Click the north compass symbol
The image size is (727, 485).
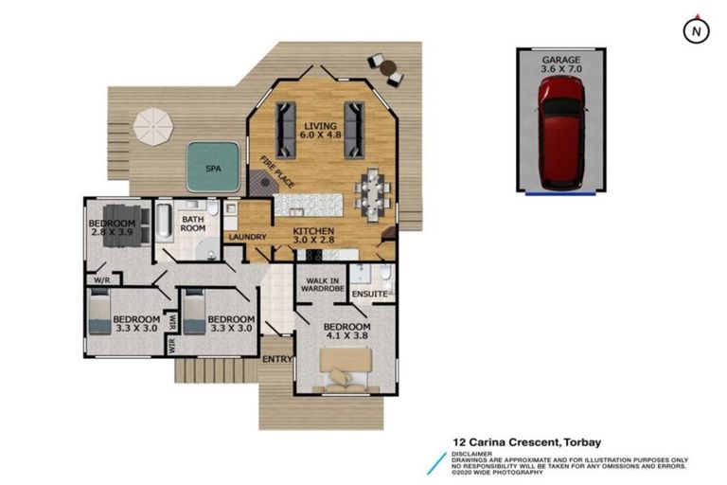[697, 30]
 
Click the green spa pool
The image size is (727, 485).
[210, 166]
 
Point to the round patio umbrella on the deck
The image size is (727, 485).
[153, 125]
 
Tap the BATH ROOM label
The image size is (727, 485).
[193, 224]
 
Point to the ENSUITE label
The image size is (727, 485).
[368, 295]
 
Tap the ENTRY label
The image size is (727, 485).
[276, 359]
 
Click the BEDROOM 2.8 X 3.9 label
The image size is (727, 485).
[113, 228]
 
